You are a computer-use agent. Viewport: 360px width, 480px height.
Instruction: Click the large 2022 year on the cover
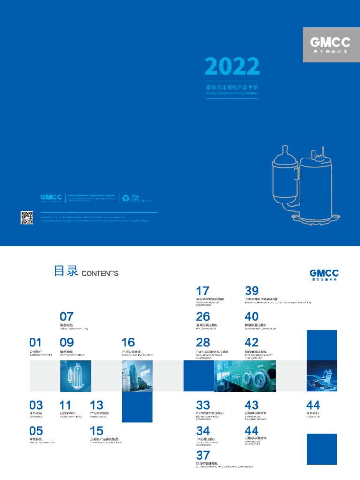tap(232, 67)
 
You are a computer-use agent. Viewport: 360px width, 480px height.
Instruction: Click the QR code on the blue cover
tap(27, 217)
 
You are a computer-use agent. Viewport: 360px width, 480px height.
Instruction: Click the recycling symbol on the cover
tap(126, 198)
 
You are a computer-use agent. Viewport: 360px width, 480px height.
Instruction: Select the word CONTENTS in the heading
tap(100, 273)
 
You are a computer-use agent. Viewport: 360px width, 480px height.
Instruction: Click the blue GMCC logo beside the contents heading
tap(324, 274)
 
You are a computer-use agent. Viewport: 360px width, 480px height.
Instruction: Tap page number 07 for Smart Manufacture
tap(67, 316)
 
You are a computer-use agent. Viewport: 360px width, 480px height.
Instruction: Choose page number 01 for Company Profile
tap(36, 342)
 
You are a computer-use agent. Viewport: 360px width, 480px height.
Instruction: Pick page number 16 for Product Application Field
tap(128, 342)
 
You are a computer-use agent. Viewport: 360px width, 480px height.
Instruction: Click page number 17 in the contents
tap(202, 291)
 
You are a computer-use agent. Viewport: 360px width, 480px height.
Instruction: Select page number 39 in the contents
tap(251, 291)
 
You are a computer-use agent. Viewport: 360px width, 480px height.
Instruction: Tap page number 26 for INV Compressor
tap(203, 317)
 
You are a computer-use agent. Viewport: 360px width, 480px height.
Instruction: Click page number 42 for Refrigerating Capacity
tap(251, 342)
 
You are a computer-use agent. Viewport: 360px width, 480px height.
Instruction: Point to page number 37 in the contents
tap(203, 455)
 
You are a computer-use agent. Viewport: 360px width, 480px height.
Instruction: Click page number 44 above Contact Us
tap(313, 405)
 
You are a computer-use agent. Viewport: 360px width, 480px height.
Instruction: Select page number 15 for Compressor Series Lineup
tap(97, 430)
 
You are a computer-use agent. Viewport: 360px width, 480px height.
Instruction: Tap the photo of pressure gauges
tap(244, 376)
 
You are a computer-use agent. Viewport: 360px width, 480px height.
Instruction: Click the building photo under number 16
tap(137, 376)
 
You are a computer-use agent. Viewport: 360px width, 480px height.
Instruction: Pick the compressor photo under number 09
tap(75, 376)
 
